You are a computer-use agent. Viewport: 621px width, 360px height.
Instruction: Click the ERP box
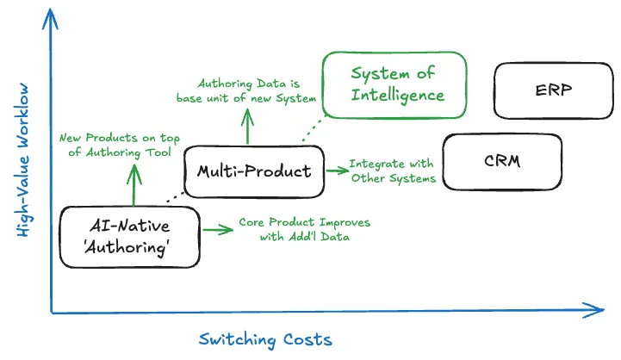554,90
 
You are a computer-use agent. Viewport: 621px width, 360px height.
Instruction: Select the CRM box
502,162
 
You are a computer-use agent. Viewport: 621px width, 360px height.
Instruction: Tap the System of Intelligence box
394,84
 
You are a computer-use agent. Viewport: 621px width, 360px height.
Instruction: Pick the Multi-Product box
254,171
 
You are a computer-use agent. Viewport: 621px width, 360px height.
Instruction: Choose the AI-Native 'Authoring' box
129,237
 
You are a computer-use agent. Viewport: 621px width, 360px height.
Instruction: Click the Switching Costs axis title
265,340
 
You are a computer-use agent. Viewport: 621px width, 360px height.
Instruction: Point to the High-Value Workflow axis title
23,159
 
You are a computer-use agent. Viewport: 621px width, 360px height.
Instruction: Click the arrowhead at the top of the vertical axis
50,9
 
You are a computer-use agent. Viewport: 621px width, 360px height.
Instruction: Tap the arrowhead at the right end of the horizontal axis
603,310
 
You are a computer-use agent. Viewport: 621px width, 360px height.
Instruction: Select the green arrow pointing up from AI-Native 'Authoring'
134,185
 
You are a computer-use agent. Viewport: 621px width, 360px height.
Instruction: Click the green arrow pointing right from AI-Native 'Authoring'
218,229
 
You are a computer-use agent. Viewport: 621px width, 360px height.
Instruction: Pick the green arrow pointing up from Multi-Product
247,127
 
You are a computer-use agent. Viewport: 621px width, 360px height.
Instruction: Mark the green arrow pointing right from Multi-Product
338,171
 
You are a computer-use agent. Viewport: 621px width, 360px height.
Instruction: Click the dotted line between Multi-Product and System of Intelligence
314,128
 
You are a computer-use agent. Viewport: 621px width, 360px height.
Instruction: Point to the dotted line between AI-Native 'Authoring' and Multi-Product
176,197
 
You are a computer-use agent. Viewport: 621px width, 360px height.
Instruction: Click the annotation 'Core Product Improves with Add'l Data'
305,230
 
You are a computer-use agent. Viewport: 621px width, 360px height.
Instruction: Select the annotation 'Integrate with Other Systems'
393,171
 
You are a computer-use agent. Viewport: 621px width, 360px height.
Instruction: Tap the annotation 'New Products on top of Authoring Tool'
120,145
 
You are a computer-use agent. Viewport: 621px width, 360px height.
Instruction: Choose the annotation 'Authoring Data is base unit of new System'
246,91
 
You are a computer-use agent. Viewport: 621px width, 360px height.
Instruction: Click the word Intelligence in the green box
398,96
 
